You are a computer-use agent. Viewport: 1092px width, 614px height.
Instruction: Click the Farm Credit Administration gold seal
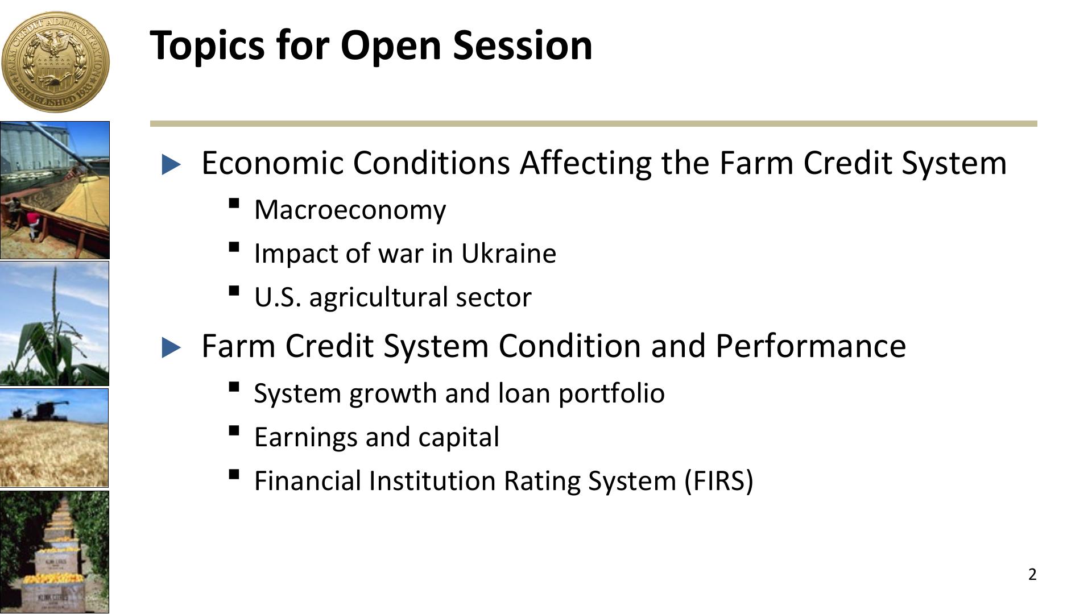(55, 61)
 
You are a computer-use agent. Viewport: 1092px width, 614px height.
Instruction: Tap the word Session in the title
(523, 45)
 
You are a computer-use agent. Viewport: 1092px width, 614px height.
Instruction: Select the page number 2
(1032, 575)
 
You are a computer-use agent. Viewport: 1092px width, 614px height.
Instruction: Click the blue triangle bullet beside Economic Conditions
(171, 164)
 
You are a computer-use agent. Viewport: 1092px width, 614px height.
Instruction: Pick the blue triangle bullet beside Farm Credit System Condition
(171, 347)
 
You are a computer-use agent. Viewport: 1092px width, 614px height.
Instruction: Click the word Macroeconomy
(350, 210)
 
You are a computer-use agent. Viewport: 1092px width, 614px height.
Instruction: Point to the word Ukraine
(508, 253)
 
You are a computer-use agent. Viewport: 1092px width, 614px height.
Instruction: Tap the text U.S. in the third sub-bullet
(278, 297)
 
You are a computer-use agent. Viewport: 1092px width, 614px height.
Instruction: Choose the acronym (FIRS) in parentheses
(719, 481)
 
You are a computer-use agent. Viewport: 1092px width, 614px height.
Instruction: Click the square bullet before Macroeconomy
(233, 204)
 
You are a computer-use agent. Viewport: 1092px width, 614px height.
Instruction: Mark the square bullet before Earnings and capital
(233, 431)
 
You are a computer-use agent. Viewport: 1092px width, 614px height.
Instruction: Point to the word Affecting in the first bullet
(585, 163)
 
